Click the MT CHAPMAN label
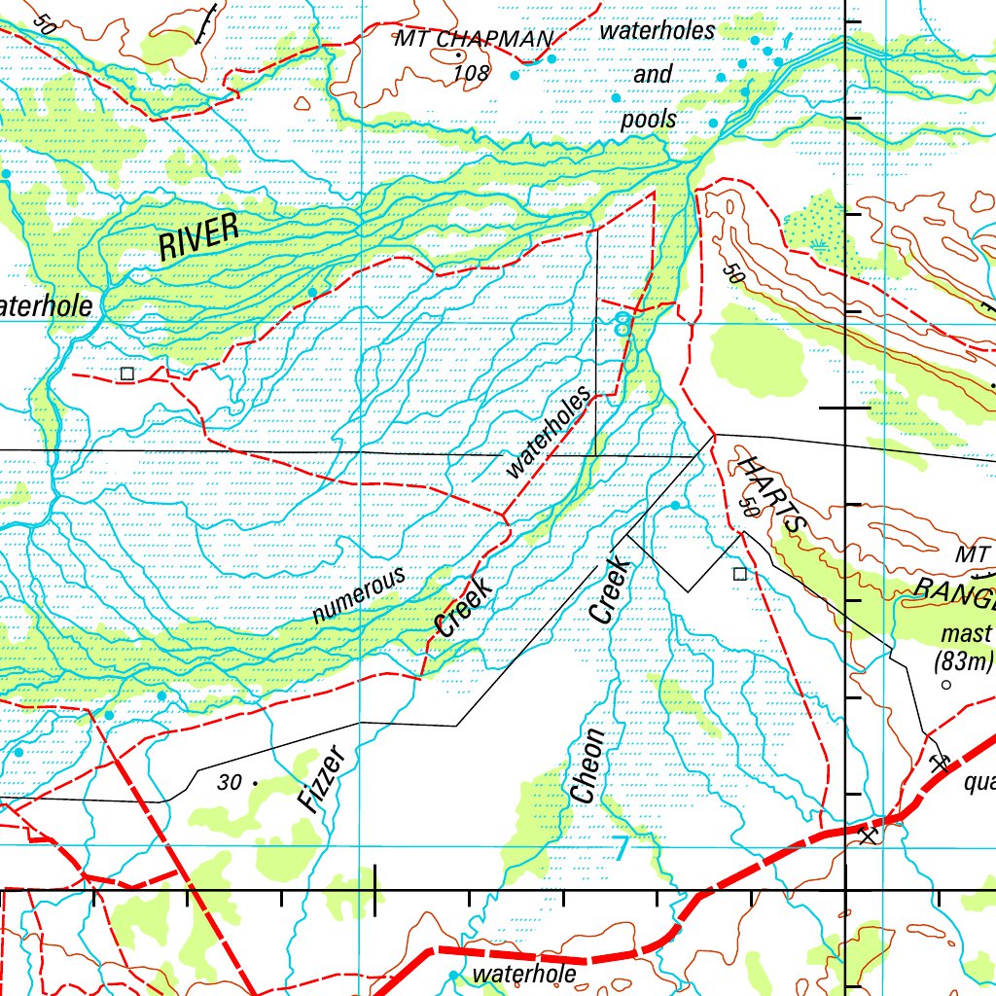pyautogui.click(x=474, y=39)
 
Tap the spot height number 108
pyautogui.click(x=472, y=73)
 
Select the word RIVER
pyautogui.click(x=199, y=237)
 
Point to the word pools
pyautogui.click(x=649, y=121)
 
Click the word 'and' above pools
pyautogui.click(x=653, y=75)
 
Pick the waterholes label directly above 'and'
pyautogui.click(x=658, y=31)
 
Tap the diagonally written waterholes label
pyautogui.click(x=550, y=433)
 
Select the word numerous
pyautogui.click(x=359, y=595)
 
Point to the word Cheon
pyautogui.click(x=587, y=766)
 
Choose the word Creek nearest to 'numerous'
pyautogui.click(x=464, y=608)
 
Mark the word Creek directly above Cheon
pyautogui.click(x=611, y=589)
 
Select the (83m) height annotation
pyautogui.click(x=963, y=662)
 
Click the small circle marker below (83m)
pyautogui.click(x=945, y=685)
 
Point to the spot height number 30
pyautogui.click(x=230, y=781)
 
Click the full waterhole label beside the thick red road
pyautogui.click(x=524, y=974)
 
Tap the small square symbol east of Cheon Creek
pyautogui.click(x=739, y=574)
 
